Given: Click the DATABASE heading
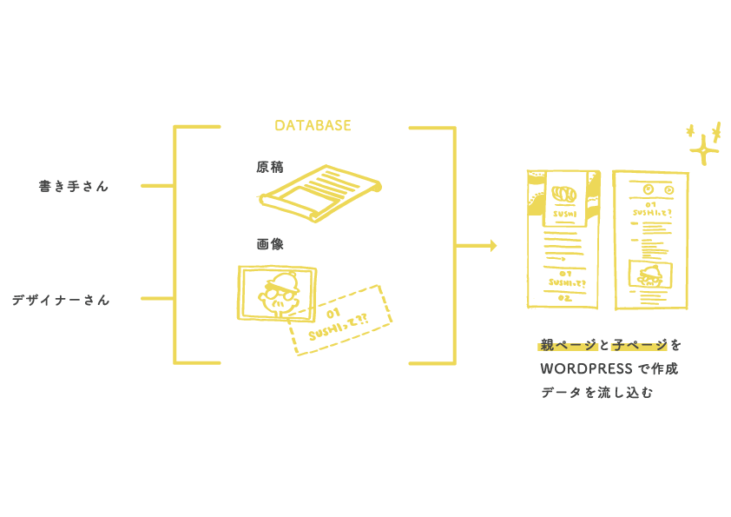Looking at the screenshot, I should pos(313,125).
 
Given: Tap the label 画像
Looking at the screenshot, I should pos(269,244).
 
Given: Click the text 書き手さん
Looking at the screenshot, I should pos(74,186).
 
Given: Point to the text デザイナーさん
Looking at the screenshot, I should pos(61,300).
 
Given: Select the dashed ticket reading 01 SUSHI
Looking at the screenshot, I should pos(338,320).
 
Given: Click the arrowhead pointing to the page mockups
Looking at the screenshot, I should pos(492,246).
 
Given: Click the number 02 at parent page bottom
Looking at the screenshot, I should pos(564,297).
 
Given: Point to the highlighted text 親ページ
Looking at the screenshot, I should pos(568,345).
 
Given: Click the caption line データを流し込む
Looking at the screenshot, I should pos(596,393).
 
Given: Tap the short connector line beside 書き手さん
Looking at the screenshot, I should pos(157,186).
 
